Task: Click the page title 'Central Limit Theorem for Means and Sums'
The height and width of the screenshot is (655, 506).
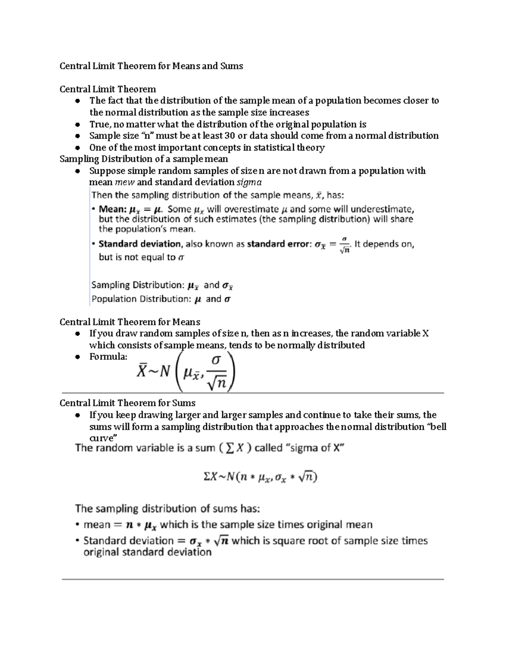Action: [x=151, y=66]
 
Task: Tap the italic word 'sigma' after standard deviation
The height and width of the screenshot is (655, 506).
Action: [x=249, y=182]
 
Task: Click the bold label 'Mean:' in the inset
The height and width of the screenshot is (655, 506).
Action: [x=112, y=209]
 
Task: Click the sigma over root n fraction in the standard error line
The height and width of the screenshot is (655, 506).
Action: [x=345, y=245]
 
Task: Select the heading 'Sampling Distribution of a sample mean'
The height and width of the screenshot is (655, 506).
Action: [x=144, y=159]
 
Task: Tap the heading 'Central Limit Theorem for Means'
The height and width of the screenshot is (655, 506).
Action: [x=130, y=322]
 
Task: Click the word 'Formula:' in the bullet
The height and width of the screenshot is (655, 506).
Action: [x=108, y=357]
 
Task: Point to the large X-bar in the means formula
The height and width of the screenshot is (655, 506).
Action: [x=141, y=371]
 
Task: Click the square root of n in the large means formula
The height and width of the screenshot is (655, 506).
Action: [x=217, y=382]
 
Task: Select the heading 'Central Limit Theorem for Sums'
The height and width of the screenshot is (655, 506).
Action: [x=127, y=403]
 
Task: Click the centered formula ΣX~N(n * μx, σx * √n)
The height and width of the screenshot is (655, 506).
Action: [x=260, y=477]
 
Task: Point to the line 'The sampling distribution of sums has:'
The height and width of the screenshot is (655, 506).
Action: [x=167, y=509]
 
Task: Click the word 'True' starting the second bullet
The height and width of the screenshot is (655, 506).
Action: [x=99, y=124]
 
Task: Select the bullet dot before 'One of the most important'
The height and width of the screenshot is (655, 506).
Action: [x=77, y=148]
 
